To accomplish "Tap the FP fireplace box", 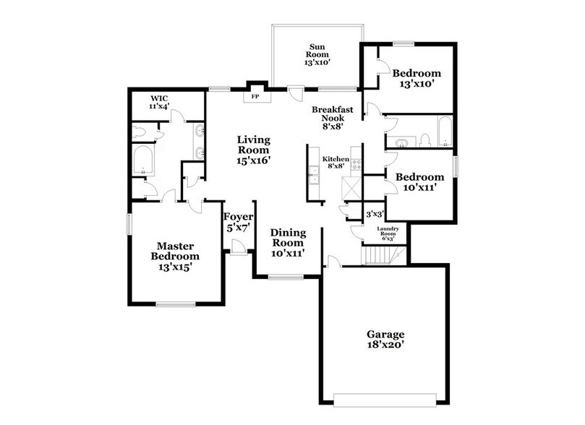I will coord(255,96).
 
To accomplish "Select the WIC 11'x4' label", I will coord(159,102).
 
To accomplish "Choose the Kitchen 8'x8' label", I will coord(336,163).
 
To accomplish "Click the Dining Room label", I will coord(287,243).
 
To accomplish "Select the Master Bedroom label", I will coord(174,256).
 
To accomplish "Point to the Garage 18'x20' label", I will coord(384,340).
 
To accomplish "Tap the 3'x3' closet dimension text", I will coord(374,214).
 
